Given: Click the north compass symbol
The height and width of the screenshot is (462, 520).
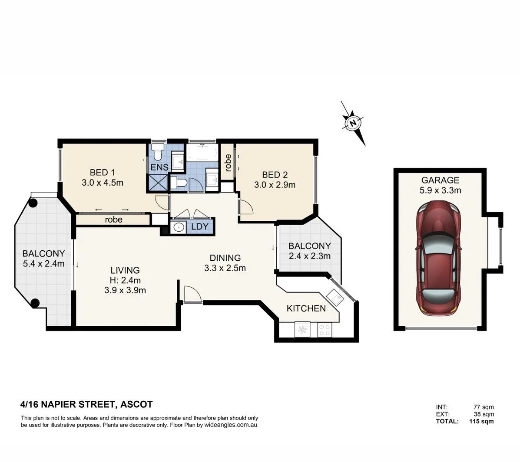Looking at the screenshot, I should [353, 123].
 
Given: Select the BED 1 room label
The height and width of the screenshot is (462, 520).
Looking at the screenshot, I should [102, 172].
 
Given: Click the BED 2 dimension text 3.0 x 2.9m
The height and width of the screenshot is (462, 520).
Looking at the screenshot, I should [275, 185].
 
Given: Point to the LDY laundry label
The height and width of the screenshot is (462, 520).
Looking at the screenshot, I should [200, 227].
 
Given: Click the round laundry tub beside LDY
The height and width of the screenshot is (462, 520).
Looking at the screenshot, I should [178, 227].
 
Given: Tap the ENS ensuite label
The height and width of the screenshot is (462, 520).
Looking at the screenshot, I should [159, 167].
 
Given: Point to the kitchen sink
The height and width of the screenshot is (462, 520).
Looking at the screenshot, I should [335, 298].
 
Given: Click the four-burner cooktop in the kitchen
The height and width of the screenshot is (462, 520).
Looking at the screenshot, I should [324, 330].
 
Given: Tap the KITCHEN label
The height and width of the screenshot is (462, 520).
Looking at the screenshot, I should [306, 308].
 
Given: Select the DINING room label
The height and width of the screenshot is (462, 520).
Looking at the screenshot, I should [225, 258].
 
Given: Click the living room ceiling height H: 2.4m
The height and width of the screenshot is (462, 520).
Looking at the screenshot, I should [125, 280].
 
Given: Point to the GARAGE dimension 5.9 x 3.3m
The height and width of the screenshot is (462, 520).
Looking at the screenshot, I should [440, 190].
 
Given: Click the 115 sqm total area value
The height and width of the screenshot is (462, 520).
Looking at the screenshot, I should [481, 421].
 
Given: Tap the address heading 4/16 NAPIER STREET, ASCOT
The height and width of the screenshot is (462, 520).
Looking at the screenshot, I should [86, 405].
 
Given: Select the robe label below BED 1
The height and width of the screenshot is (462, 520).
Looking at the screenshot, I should [113, 220].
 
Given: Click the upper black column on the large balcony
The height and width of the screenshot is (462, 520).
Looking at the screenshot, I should [33, 202].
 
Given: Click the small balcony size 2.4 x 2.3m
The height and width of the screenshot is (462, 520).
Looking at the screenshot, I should [309, 256].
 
